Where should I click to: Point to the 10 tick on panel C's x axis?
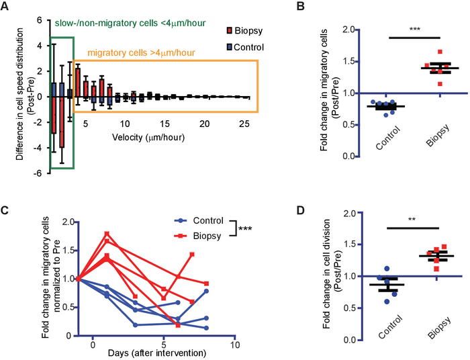[x=234, y=343]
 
